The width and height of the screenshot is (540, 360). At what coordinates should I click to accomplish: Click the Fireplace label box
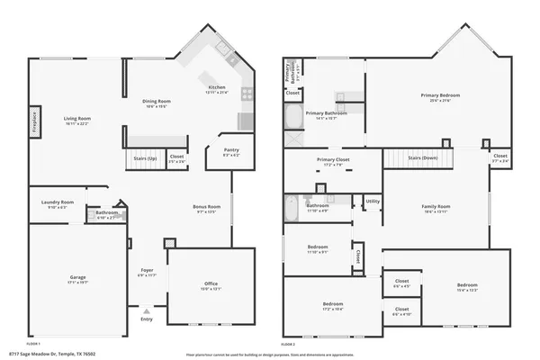point(35,120)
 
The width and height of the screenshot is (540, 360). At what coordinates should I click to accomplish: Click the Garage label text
point(78,279)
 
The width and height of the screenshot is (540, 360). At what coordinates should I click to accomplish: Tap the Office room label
point(211,285)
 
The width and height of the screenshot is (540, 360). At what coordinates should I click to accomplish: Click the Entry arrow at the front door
point(147,314)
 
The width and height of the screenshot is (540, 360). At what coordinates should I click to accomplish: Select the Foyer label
point(147,271)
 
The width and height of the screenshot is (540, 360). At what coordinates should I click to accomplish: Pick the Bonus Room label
point(207,208)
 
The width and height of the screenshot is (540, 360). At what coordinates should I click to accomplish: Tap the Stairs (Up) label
point(145,158)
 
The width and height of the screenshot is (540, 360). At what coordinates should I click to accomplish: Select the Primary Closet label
point(332,161)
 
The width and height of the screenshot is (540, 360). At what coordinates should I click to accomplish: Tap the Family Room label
point(436,209)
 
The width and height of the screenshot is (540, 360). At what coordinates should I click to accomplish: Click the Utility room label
point(373,202)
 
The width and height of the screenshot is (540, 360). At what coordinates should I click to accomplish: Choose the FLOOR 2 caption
point(288,344)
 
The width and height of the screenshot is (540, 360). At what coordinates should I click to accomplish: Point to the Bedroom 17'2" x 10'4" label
point(333,305)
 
